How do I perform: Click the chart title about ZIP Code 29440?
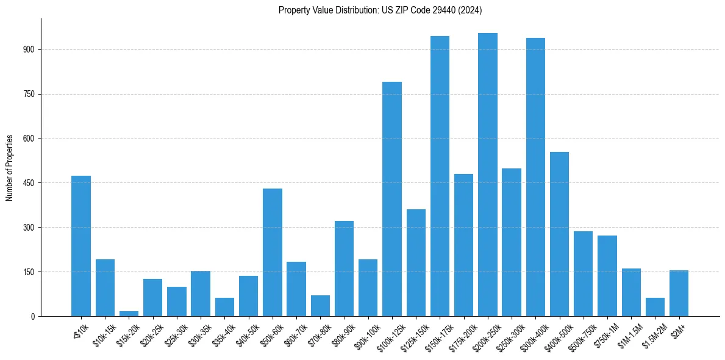point(380,10)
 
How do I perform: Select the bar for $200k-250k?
point(488,175)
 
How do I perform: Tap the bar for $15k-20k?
point(129,314)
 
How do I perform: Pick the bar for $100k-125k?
point(392,199)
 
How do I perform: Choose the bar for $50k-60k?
point(273,252)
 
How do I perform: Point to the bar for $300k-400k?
point(535,177)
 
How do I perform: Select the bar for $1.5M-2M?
point(655,307)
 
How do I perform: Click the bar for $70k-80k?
point(320,306)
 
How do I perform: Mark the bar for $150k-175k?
point(440,176)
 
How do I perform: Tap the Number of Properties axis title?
point(10,167)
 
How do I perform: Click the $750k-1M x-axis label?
point(605,334)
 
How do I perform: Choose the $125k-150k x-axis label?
point(412,334)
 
